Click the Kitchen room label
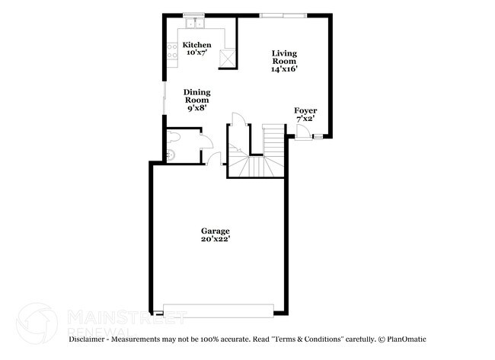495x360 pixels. click(197, 45)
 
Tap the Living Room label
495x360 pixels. click(284, 57)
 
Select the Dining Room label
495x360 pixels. click(197, 96)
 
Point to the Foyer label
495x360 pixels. click(305, 110)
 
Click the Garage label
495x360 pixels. click(216, 231)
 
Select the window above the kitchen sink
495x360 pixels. click(193, 14)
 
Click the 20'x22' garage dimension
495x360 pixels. click(216, 239)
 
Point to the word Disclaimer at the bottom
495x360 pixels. click(91, 338)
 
